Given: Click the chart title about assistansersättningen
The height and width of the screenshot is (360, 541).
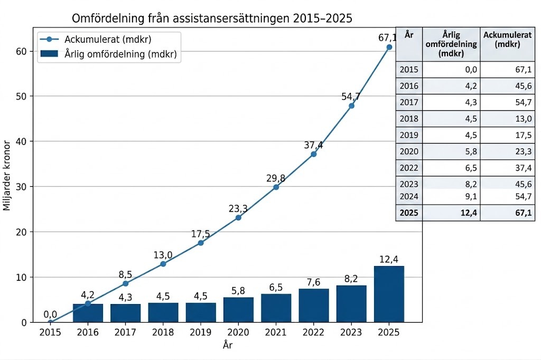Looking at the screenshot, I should tap(212, 19).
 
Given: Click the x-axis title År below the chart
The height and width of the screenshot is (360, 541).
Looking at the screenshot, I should tap(227, 346).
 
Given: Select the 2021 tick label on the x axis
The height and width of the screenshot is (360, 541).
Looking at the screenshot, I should tap(276, 333).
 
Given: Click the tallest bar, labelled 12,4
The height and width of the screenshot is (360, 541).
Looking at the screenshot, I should tap(389, 294).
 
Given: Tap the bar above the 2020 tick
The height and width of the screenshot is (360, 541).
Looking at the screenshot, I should tap(238, 309).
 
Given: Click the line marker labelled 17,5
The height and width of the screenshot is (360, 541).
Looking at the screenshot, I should tap(201, 243).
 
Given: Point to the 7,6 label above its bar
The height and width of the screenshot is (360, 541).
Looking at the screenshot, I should tap(313, 280).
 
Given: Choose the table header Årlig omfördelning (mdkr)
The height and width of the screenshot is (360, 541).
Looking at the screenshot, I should tap(451, 44).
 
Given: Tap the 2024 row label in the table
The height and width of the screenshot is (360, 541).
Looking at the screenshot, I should tap(409, 196).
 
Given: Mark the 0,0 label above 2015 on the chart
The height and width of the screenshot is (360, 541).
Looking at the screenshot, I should tap(50, 315).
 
